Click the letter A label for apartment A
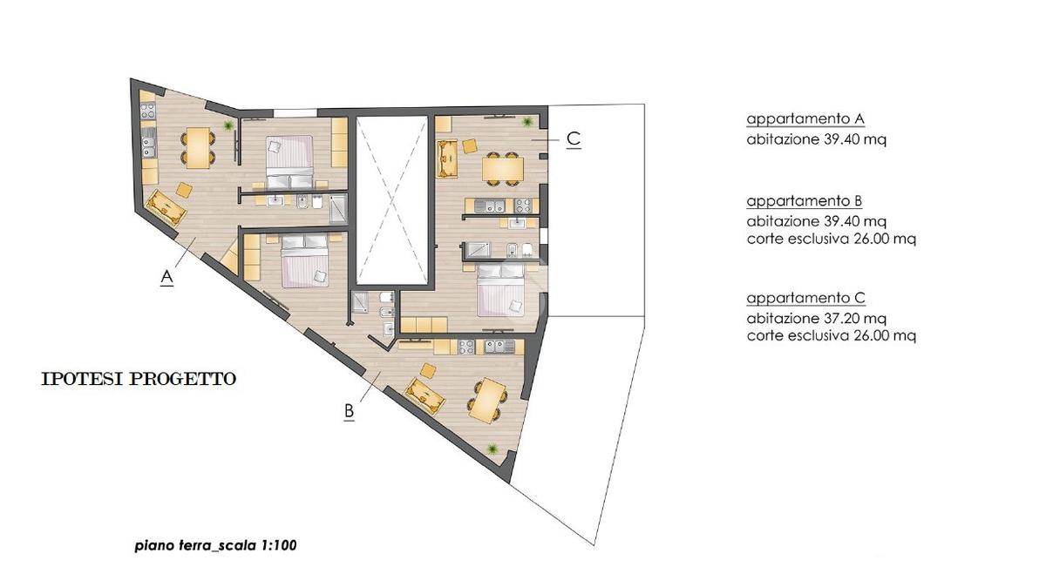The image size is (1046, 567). click(166, 278)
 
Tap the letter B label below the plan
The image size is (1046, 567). click(349, 412)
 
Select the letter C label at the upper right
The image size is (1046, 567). click(574, 139)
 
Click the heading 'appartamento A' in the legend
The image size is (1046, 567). click(805, 119)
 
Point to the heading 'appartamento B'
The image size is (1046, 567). click(804, 201)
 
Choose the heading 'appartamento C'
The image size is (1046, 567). click(806, 298)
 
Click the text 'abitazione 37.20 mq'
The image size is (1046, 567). click(816, 318)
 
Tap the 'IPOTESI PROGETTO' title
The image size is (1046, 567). click(139, 379)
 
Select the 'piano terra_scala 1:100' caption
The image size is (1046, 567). click(216, 545)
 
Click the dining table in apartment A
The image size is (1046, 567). click(198, 148)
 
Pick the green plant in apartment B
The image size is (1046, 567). click(492, 449)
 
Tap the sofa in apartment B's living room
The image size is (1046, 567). click(425, 395)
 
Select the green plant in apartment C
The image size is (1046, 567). click(527, 122)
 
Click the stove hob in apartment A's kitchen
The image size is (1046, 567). click(148, 111)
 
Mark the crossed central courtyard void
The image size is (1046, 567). click(391, 200)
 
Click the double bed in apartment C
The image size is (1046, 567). click(500, 290)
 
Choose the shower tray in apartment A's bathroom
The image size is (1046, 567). click(338, 209)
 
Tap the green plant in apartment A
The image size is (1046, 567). click(228, 125)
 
